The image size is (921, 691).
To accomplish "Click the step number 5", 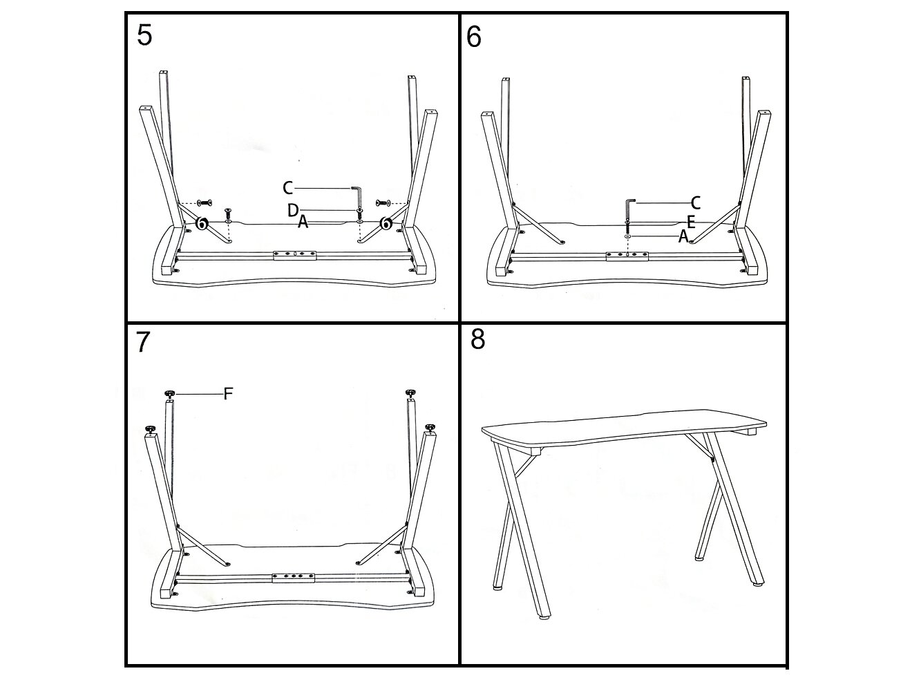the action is coord(145,35).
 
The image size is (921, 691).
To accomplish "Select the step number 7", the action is coord(143,342).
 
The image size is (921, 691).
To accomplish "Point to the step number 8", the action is coord(477,339).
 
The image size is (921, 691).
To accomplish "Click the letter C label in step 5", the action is coord(287,188).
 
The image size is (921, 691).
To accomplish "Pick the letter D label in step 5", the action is coord(292,210).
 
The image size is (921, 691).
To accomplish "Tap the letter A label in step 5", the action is coord(303,222).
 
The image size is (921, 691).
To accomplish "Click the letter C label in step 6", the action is coord(695,202).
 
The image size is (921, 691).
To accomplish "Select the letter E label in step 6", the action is coord(691,222).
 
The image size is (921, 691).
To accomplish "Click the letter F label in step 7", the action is coord(228,394).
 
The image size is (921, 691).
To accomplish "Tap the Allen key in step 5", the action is coord(358,196).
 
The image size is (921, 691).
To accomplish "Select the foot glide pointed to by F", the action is coord(169,394).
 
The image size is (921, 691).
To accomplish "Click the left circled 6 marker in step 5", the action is coord(202,223).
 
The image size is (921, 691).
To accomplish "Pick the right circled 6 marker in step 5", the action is coord(385,223).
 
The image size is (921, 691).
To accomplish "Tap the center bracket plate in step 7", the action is coord(293,578).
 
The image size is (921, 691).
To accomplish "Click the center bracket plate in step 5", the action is coord(294,255).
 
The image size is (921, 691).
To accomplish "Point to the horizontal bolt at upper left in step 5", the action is coord(205,203).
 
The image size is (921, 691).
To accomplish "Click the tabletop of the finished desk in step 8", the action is coord(624,428).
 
